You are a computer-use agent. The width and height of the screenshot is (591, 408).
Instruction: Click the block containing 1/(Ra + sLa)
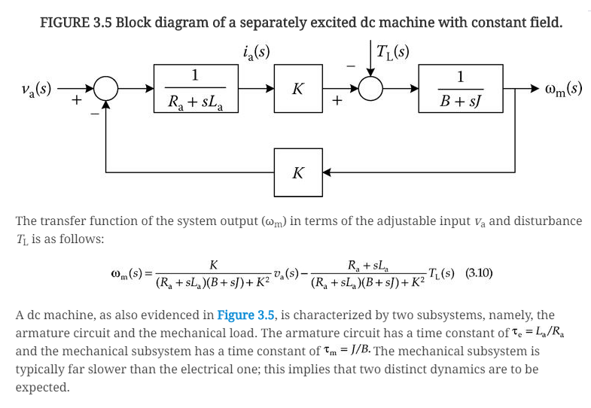pos(194,88)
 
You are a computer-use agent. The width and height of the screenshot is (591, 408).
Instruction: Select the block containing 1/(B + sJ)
pos(460,88)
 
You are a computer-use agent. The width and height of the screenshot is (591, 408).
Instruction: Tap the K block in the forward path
pos(297,88)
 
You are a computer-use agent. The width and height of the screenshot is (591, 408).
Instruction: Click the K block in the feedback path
pos(297,172)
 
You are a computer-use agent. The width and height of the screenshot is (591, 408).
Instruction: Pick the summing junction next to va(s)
pos(106,88)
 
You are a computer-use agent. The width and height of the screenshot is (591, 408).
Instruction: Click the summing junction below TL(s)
pos(370,88)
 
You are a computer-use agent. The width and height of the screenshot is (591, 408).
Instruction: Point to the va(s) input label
pos(36,88)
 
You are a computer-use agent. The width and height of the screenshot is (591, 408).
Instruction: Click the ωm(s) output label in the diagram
pos(562,88)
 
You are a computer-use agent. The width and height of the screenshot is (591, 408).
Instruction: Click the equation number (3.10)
pos(479,273)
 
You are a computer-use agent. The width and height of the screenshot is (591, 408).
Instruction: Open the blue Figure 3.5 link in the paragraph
pos(246,315)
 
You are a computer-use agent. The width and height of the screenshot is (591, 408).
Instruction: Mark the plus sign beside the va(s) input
pos(76,99)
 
